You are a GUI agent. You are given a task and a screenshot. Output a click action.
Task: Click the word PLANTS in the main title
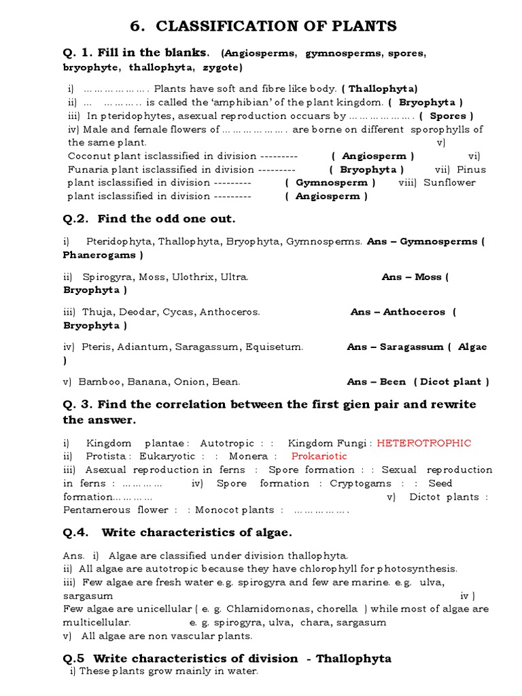[360, 27]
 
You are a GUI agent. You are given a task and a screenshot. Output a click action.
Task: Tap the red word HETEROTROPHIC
[423, 443]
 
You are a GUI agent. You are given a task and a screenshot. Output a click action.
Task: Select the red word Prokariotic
[319, 457]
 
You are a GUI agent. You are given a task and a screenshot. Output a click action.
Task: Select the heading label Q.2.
[76, 219]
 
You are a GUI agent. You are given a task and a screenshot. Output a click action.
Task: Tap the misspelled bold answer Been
[393, 382]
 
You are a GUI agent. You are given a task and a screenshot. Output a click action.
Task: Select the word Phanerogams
[100, 256]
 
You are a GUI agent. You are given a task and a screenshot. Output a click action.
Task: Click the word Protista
[109, 457]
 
